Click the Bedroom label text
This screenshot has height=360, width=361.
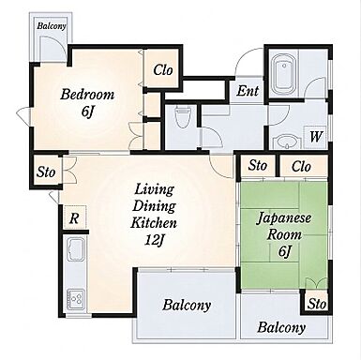[87, 95]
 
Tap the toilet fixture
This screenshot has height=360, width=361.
[182, 117]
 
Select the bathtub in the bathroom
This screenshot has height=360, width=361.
[282, 75]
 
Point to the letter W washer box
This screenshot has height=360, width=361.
[316, 136]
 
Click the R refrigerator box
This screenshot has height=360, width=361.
[74, 217]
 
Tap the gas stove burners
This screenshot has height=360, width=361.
[76, 299]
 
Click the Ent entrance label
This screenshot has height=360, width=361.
[248, 91]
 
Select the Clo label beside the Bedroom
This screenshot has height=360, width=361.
[163, 69]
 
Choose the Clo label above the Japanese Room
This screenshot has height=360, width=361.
[301, 166]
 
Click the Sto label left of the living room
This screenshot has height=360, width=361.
[46, 172]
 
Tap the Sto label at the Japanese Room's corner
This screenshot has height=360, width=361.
[317, 304]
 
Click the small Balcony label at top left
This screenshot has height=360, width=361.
[52, 25]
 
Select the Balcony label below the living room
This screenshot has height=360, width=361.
[187, 305]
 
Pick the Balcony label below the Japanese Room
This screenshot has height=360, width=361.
[281, 327]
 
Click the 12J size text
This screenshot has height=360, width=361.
[155, 240]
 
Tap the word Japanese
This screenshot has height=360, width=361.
[284, 217]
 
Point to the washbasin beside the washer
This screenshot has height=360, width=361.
[285, 142]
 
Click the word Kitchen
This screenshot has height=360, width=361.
[154, 223]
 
